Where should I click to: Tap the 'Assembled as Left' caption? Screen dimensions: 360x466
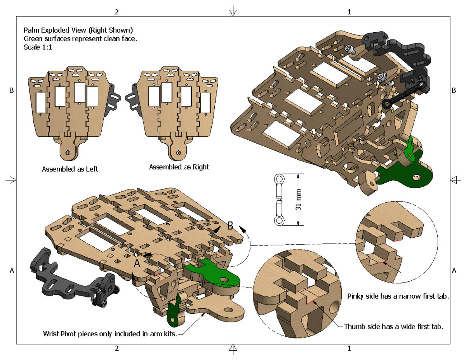70,169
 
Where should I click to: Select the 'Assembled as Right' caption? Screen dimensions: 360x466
179,167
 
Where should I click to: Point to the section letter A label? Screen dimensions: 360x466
137,264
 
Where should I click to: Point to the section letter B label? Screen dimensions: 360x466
230,226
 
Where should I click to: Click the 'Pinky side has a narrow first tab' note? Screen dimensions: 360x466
398,296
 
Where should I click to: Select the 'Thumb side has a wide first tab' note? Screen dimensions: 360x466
393,327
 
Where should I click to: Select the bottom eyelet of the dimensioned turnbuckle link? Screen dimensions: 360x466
279,221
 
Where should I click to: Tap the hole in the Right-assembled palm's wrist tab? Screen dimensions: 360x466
179,152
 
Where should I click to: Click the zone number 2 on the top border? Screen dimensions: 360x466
116,12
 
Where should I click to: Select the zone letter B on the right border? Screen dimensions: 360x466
454,90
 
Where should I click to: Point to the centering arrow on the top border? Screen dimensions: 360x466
233,11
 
